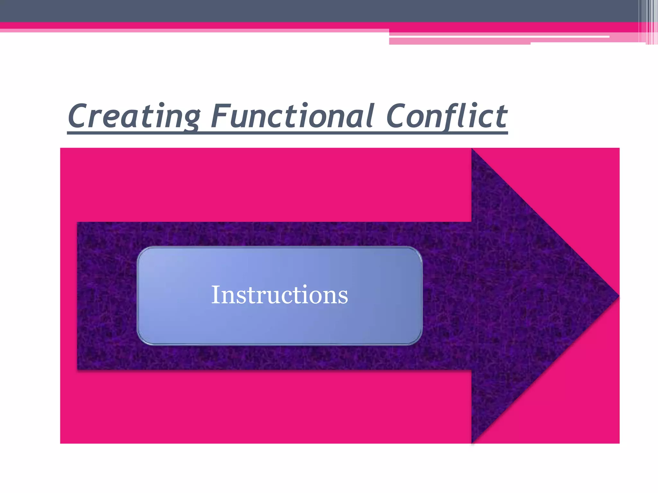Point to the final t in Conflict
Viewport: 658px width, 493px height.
[501, 116]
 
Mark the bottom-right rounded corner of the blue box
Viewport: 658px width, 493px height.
[417, 340]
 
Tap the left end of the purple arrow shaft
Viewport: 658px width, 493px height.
[80, 296]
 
